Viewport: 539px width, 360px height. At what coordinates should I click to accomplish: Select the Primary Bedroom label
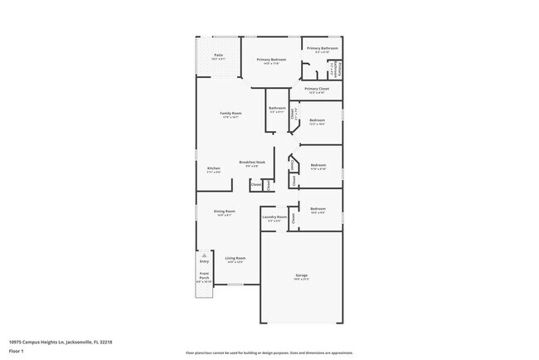(x=271, y=60)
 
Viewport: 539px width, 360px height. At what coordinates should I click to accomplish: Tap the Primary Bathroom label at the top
(x=323, y=48)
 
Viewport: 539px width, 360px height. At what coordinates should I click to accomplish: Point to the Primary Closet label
(x=317, y=89)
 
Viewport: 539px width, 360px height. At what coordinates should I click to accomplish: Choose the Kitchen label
(x=213, y=168)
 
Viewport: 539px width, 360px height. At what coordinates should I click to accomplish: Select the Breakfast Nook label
(x=252, y=162)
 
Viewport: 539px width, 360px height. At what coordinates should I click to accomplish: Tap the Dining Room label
(x=224, y=211)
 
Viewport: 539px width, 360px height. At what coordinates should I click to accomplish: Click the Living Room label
(x=235, y=258)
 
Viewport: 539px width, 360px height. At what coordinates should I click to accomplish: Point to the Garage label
(x=301, y=275)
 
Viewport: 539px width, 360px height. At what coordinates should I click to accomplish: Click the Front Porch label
(x=204, y=276)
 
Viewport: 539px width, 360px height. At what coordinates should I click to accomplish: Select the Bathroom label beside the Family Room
(x=277, y=108)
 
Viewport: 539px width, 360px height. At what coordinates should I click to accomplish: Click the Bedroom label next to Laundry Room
(x=318, y=208)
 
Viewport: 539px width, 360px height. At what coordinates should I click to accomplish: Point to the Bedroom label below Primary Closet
(x=318, y=120)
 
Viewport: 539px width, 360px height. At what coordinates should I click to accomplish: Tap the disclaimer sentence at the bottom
(x=269, y=352)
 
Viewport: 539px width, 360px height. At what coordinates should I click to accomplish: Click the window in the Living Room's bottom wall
(x=236, y=285)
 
